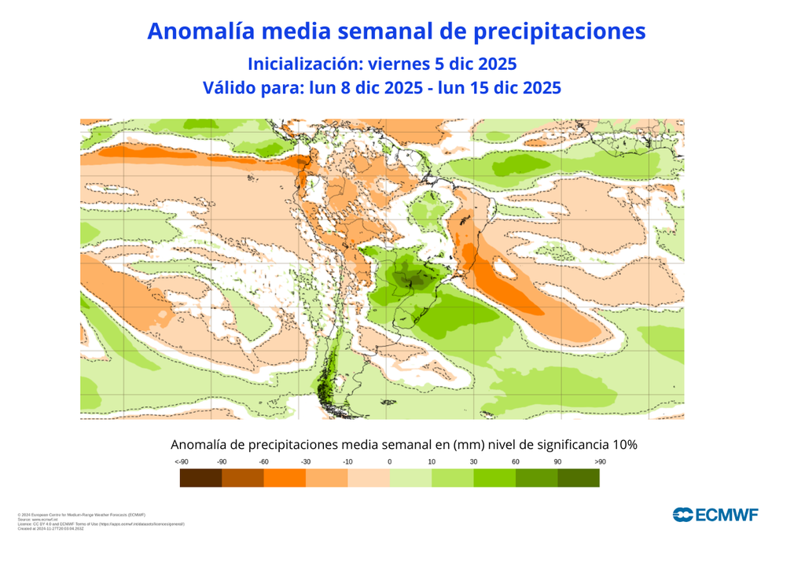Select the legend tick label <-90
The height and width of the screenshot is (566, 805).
tap(182, 461)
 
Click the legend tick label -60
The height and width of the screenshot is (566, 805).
tap(264, 461)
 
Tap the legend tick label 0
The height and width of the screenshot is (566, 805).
tap(390, 461)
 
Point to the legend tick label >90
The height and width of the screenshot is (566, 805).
tap(600, 461)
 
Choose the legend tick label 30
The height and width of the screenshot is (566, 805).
tap(473, 461)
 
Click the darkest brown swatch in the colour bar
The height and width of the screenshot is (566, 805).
tap(200, 477)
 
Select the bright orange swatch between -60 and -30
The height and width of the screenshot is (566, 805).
tap(285, 477)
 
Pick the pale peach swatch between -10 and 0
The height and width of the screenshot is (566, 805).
tap(369, 477)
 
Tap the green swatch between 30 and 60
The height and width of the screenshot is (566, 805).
tap(494, 477)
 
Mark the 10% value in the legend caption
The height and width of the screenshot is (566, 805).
tap(623, 445)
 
